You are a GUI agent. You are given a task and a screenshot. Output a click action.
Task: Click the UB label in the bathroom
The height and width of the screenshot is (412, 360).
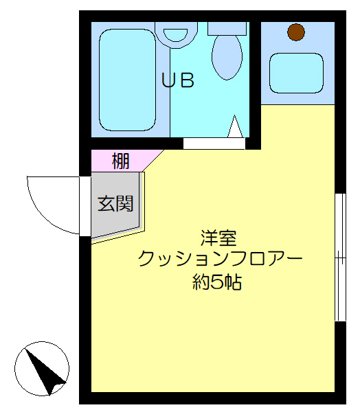178,80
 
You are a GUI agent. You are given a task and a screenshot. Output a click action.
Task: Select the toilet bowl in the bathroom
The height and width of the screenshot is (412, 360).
226,57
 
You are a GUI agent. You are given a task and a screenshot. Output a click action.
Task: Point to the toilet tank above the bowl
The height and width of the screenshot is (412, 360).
227,27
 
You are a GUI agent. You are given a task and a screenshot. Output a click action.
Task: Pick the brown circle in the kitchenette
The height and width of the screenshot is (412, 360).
296,31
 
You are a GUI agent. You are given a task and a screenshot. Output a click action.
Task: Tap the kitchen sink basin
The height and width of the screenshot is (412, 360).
296,71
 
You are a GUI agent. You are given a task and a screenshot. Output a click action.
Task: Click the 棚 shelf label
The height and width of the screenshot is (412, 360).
120,162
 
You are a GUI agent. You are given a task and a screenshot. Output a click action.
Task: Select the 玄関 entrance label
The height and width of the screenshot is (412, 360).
115,203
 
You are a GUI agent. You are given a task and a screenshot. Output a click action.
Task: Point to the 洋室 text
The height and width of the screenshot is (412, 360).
218,238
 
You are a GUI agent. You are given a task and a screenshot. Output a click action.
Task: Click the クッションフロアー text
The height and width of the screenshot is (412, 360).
219,260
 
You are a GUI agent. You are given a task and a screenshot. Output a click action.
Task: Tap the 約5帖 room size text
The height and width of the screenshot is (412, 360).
216,282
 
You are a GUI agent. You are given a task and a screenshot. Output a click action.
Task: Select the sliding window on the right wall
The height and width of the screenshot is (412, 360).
339,257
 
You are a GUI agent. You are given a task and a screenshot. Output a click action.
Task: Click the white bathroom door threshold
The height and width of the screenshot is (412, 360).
214,144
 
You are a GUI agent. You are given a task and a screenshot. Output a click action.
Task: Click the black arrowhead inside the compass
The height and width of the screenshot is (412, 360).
48,376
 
